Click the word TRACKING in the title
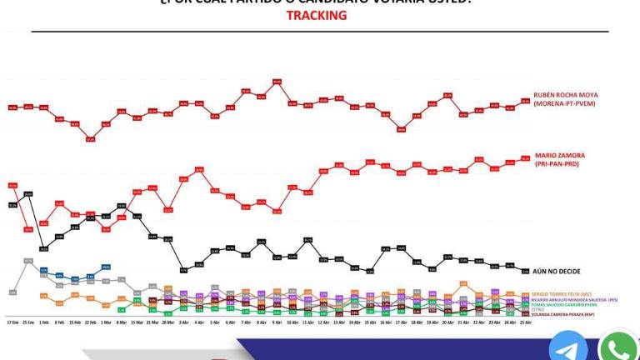[x=320, y=16]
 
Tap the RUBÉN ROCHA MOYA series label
[x=567, y=96]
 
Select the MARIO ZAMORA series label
[x=559, y=155]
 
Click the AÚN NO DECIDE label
[x=557, y=272]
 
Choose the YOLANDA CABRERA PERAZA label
[x=557, y=314]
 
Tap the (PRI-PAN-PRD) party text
[x=557, y=164]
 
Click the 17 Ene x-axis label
[x=12, y=322]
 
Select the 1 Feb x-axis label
[x=43, y=322]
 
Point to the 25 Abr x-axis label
[x=525, y=322]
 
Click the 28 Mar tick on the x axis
[x=167, y=322]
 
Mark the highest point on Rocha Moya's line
[x=277, y=82]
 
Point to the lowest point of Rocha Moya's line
[x=90, y=139]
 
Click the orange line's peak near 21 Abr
[x=463, y=284]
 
